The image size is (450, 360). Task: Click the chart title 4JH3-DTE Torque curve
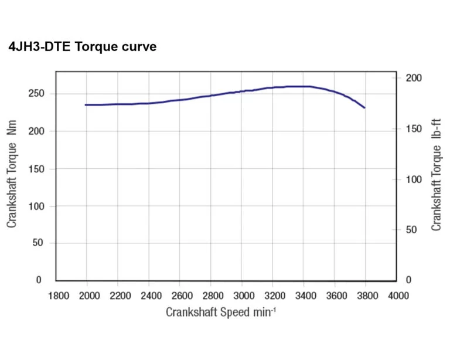(x=83, y=47)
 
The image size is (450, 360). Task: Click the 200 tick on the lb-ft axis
(x=414, y=78)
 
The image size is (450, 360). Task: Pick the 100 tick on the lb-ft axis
(x=414, y=179)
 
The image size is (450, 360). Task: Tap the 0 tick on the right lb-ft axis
(x=409, y=280)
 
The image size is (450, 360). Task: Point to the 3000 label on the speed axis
(x=242, y=296)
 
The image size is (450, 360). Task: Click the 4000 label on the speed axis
(x=397, y=296)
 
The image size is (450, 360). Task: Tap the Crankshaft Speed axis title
(x=221, y=312)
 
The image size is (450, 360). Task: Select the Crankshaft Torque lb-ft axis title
(x=436, y=174)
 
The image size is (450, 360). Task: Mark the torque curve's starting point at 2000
(x=86, y=105)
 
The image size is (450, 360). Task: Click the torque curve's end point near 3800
(x=364, y=108)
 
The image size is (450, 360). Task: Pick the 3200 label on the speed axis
(x=273, y=296)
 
